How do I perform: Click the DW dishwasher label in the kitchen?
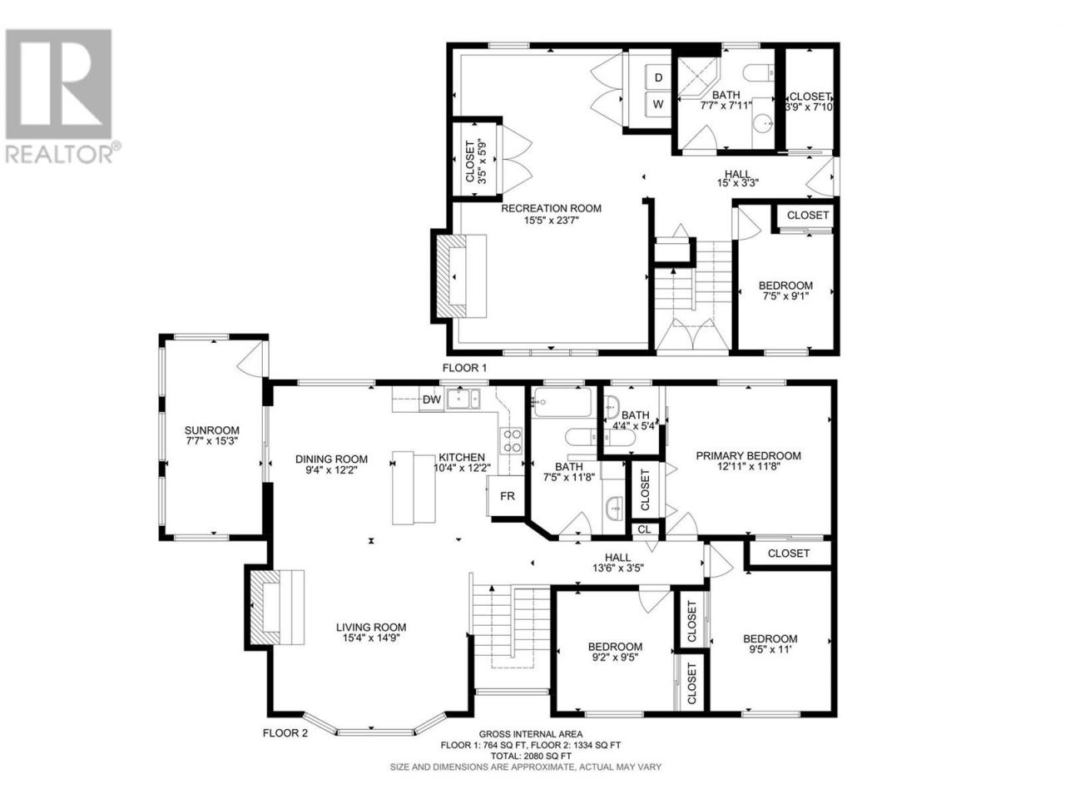[x=431, y=399]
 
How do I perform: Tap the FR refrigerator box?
[x=506, y=496]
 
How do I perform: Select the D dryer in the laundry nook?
[x=658, y=77]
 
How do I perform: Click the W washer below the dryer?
[x=658, y=104]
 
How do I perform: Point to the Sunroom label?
[x=211, y=430]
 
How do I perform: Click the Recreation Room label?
[x=551, y=209]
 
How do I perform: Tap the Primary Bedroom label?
[x=748, y=455]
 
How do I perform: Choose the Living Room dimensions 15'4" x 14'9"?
[x=371, y=638]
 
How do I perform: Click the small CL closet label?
[x=644, y=529]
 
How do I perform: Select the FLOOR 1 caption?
[x=463, y=368]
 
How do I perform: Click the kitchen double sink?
[x=463, y=399]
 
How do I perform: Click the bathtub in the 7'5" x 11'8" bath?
[x=562, y=402]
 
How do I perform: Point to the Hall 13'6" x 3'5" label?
[x=617, y=563]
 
